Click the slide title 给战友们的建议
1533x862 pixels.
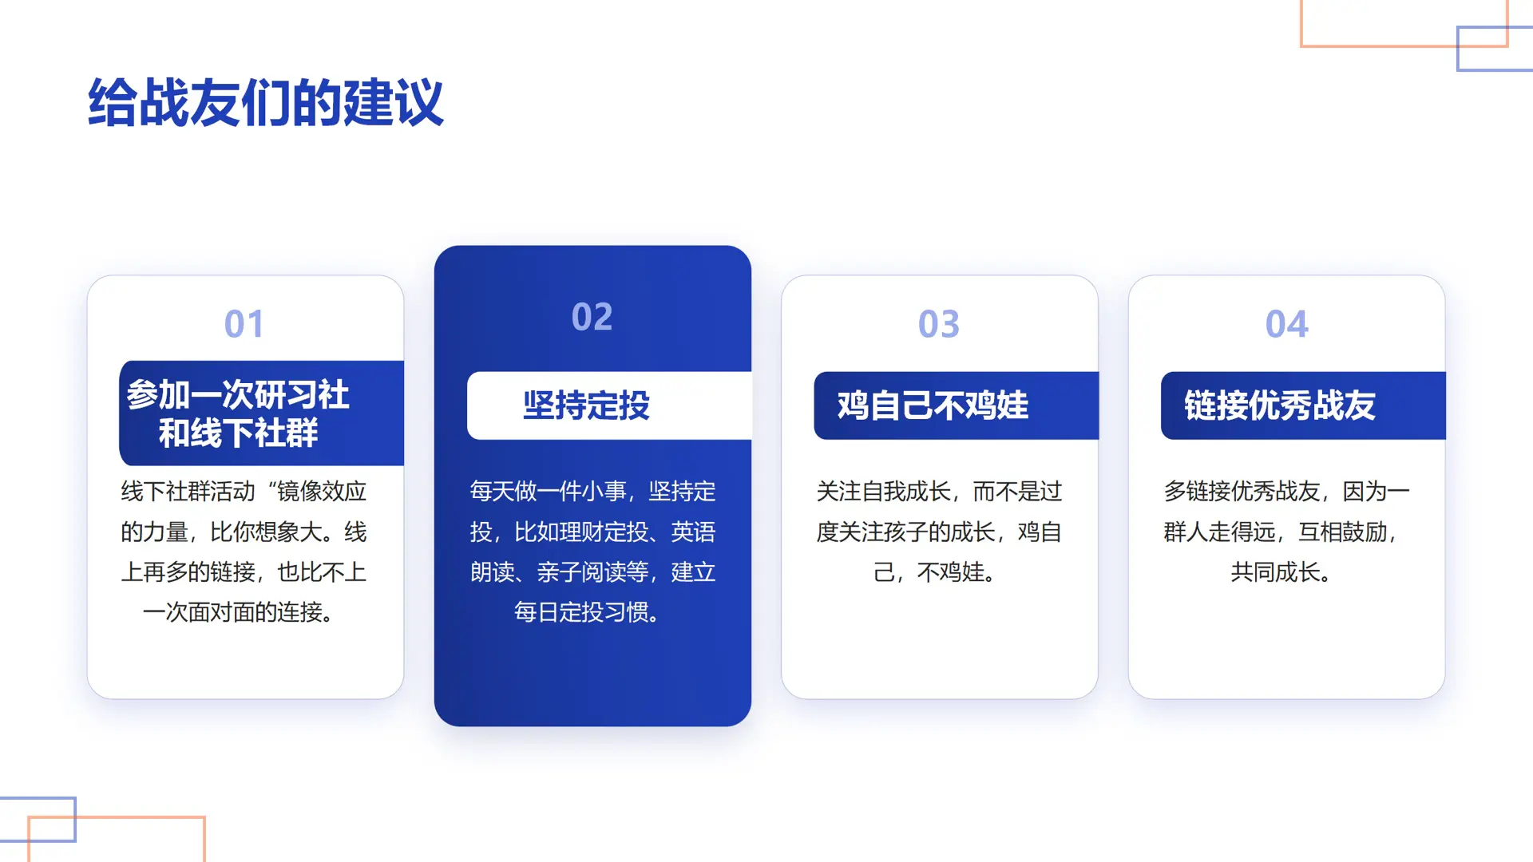265,103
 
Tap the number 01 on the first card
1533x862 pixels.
244,324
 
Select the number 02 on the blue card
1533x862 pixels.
592,317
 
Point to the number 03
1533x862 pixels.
938,324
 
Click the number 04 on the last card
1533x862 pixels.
1286,324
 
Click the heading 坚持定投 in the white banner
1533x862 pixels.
586,405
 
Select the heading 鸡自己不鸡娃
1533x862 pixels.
933,405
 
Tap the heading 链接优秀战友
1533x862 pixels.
1279,405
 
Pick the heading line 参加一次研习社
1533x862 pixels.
237,394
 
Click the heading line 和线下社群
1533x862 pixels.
238,433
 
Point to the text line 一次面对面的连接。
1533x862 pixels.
238,612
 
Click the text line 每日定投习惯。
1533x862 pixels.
586,612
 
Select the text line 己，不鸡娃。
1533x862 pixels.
933,572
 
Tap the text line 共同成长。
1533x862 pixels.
1280,572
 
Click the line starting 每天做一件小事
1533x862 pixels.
592,491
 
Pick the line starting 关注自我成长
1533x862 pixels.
939,491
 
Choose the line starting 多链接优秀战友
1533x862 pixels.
1286,491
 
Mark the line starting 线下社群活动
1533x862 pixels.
244,491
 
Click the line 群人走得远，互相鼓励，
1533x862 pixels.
1280,532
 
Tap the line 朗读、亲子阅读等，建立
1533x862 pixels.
592,572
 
